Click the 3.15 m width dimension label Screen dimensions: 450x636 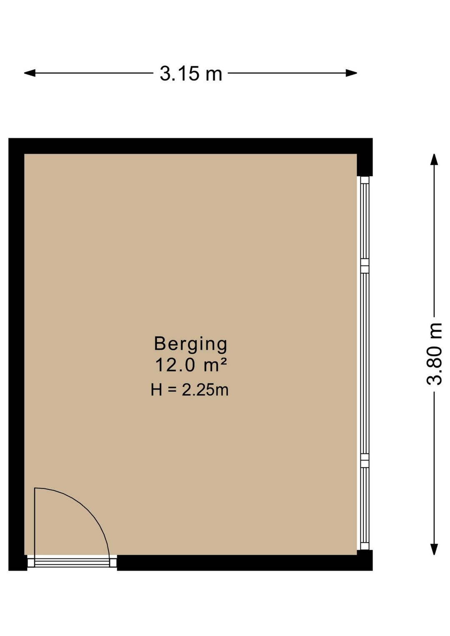click(191, 73)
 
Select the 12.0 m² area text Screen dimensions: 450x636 click(191, 365)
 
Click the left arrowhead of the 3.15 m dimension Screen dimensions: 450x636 click(30, 73)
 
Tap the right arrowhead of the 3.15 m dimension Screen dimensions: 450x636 click(351, 73)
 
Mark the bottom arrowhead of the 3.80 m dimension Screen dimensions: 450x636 click(434, 549)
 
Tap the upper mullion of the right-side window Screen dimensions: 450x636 click(365, 265)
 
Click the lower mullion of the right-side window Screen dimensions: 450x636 click(365, 460)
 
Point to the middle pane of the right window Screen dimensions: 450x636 click(365, 363)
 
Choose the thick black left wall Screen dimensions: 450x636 click(16, 354)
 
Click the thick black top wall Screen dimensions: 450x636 click(190, 146)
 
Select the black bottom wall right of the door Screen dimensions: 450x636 click(245, 563)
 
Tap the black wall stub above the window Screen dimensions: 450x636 click(365, 165)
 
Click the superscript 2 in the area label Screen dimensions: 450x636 click(224, 362)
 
